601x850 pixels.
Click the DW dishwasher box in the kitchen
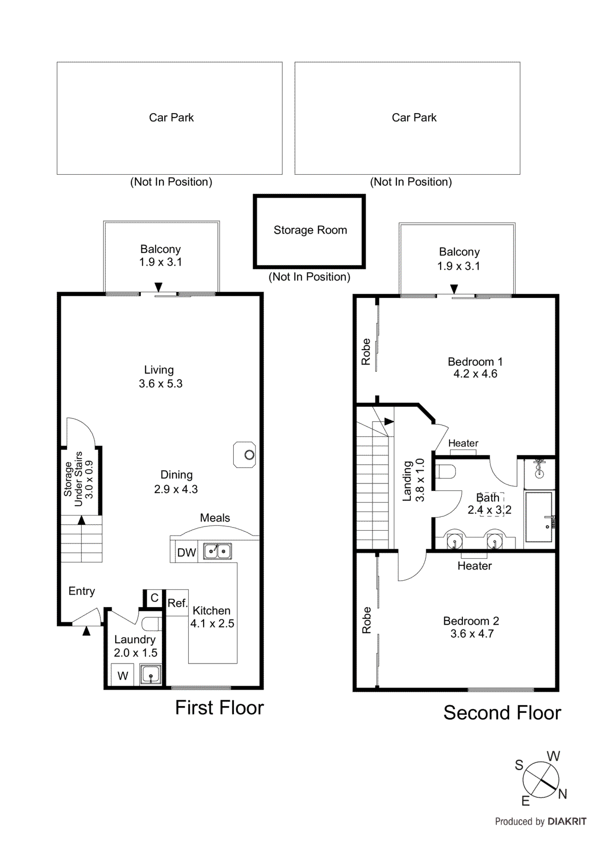[187, 552]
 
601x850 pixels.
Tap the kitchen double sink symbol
[218, 551]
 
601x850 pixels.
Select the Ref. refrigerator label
[177, 603]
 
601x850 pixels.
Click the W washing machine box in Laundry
[123, 676]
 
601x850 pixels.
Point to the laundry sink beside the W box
[150, 675]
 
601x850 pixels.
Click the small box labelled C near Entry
[154, 598]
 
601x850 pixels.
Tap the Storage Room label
[310, 230]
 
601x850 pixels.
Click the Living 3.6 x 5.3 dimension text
[160, 384]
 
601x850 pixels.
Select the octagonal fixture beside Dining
[245, 455]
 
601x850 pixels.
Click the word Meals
[215, 518]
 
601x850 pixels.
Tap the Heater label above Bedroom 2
[475, 566]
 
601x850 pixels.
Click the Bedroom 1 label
[475, 362]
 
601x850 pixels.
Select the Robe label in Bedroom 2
[366, 620]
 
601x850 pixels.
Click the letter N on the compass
[563, 794]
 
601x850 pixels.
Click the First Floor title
[219, 708]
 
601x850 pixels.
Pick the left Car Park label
[171, 117]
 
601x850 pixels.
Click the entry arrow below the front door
[86, 631]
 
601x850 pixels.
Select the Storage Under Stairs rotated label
[79, 478]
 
